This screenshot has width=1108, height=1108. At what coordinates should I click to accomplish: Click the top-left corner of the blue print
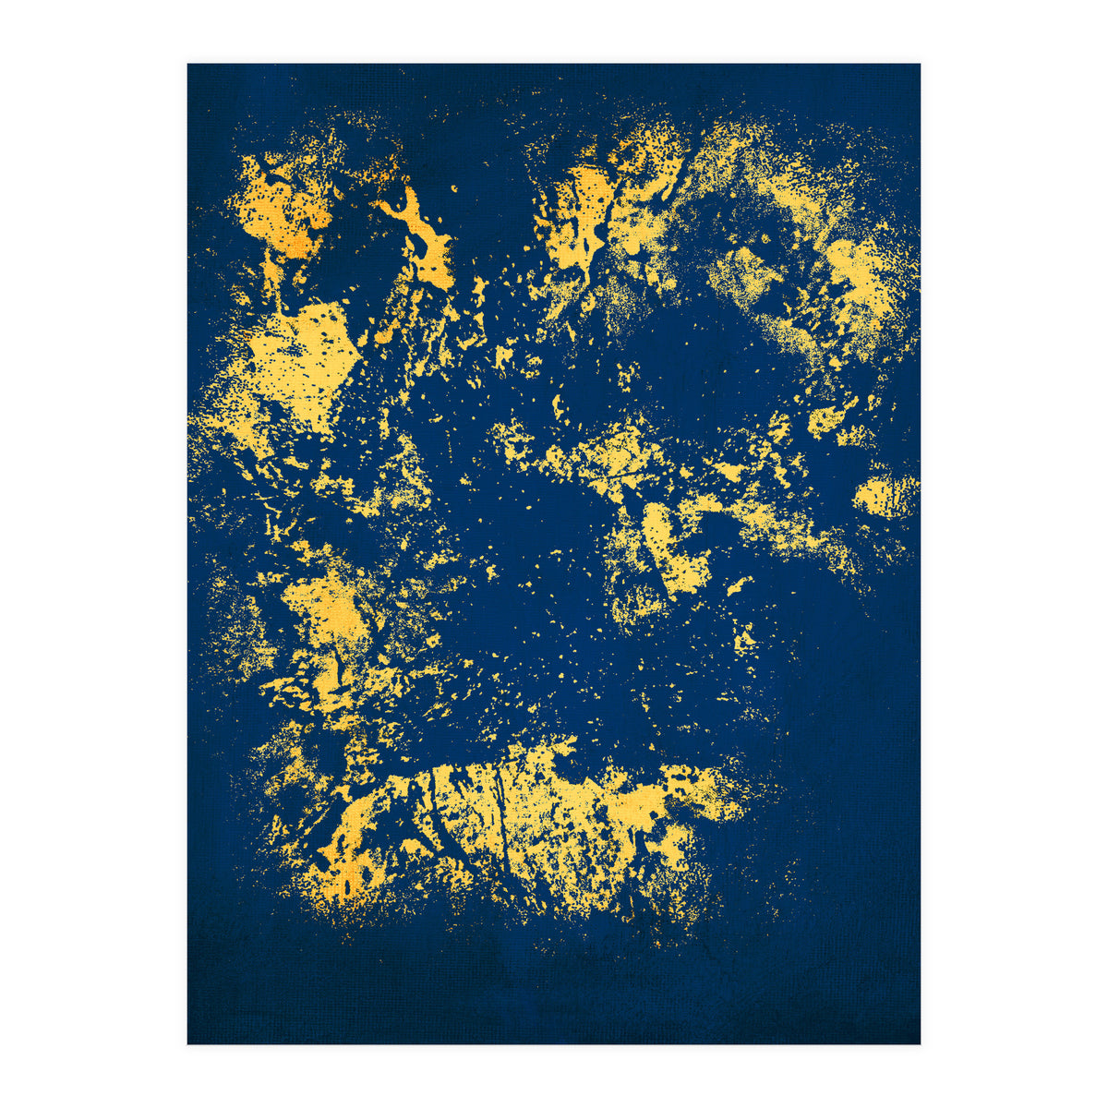point(188,65)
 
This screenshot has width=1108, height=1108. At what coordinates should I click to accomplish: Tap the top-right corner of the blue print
point(920,65)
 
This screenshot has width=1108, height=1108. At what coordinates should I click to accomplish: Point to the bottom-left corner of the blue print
point(188,1043)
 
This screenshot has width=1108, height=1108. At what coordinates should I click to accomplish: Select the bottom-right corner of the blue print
point(920,1043)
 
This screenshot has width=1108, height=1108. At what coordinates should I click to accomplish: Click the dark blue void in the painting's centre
point(517,517)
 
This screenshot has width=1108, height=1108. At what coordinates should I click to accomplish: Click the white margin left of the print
point(92,554)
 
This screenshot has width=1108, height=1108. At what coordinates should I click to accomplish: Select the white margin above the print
point(554,31)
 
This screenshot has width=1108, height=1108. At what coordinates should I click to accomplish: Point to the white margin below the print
point(554,1076)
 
